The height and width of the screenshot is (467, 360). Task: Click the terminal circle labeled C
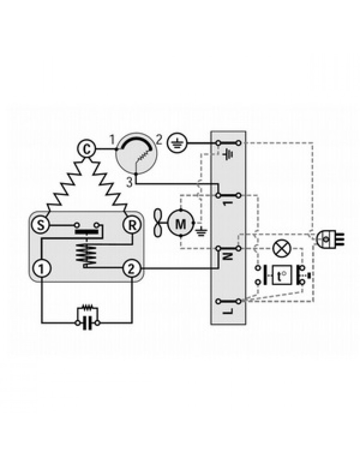coord(86,149)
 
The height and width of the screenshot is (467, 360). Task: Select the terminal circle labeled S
coord(41,225)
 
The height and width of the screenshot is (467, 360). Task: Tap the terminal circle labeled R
coord(132,225)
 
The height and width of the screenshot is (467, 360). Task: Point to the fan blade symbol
coord(158,223)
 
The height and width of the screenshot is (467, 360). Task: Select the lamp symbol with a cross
coord(282,248)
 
